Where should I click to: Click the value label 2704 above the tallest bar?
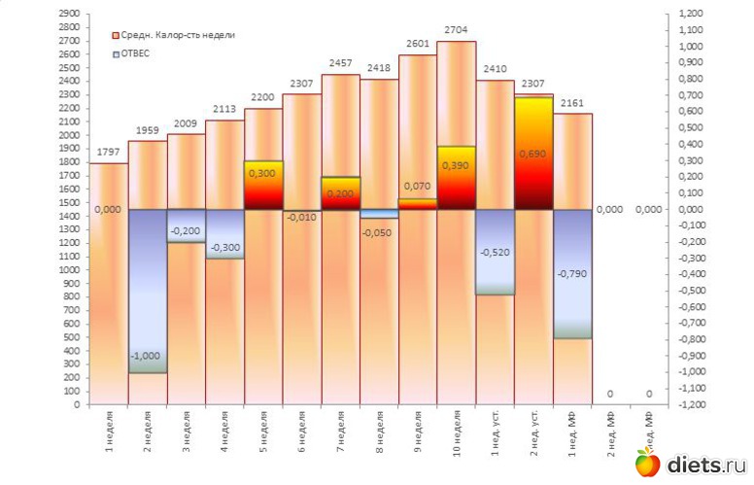tap(456, 30)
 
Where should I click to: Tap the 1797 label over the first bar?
tap(108, 152)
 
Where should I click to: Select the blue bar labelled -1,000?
tap(147, 291)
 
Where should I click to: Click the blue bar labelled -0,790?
tap(572, 273)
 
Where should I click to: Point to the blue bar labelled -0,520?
tap(495, 252)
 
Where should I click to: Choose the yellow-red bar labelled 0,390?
tap(456, 177)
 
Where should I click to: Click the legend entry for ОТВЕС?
tap(134, 53)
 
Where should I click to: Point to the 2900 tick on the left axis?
tap(68, 14)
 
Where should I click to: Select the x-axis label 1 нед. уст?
tap(496, 436)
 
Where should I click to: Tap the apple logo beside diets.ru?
tap(648, 464)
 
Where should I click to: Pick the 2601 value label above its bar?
tap(417, 44)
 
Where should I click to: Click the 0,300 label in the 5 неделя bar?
tap(262, 173)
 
